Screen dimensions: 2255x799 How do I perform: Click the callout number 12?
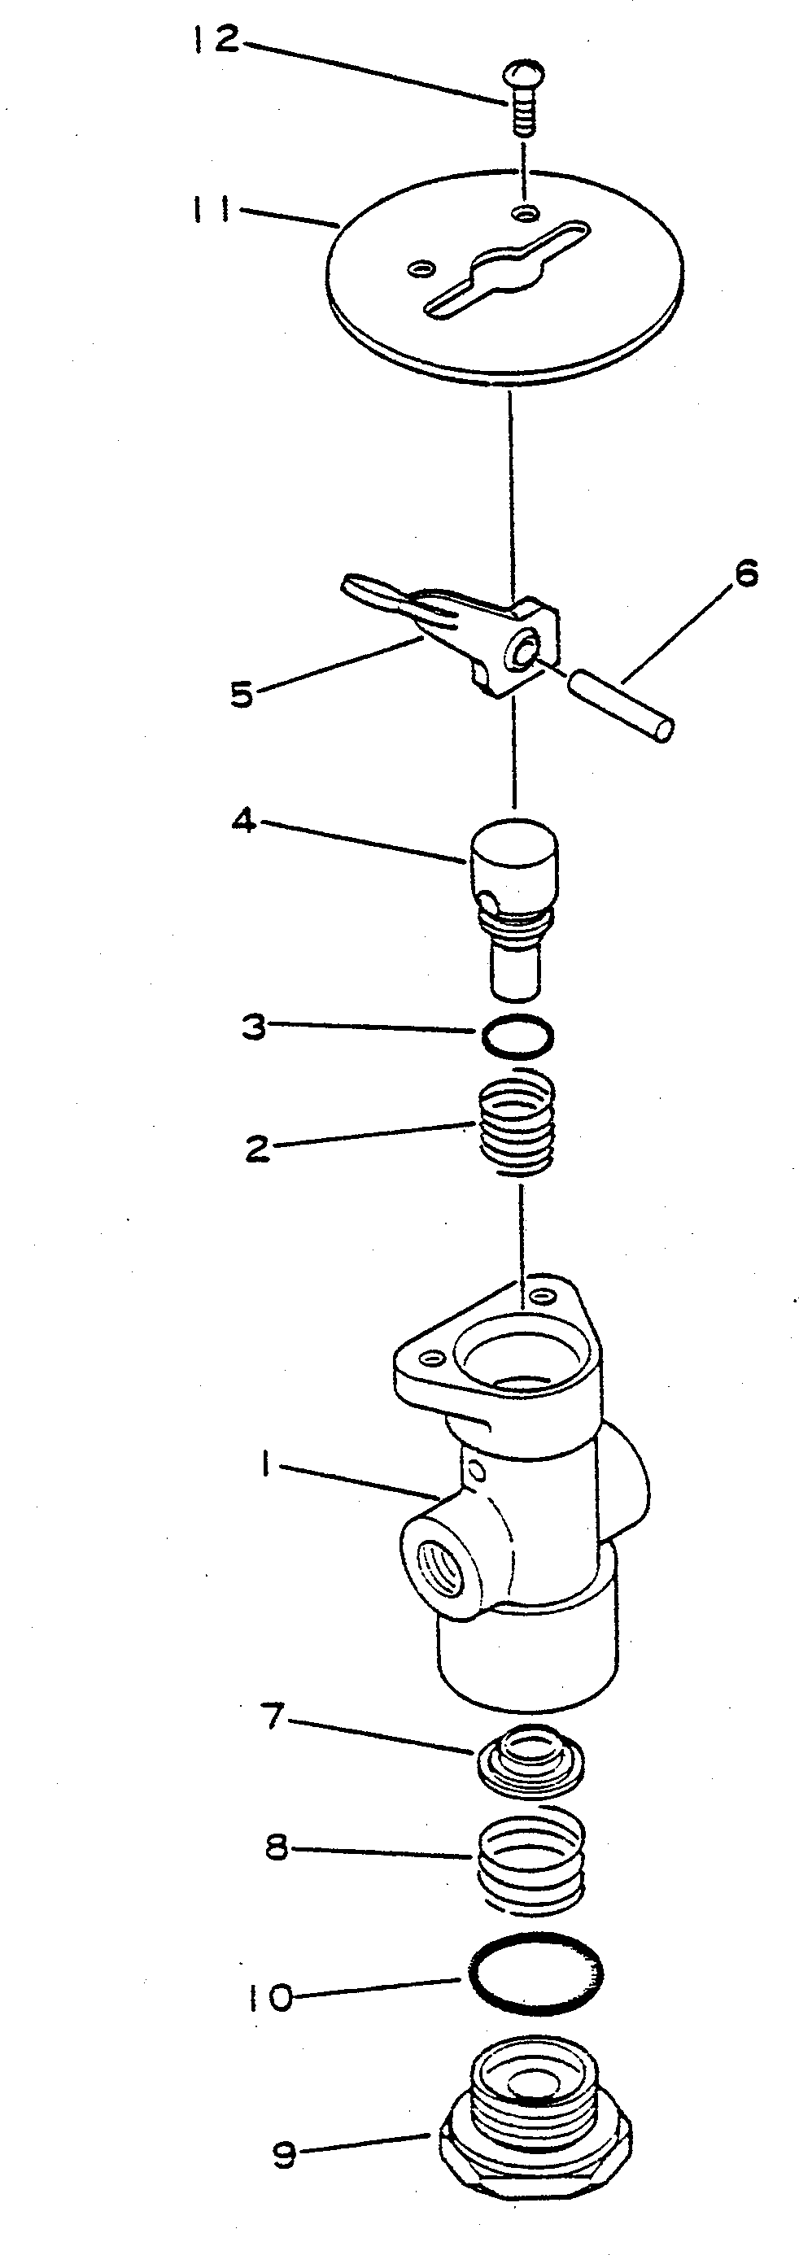tap(215, 39)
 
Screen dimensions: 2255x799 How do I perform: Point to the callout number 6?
tap(745, 574)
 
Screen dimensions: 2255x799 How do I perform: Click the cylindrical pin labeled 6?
tap(622, 704)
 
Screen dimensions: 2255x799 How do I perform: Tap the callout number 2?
tap(258, 1149)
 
